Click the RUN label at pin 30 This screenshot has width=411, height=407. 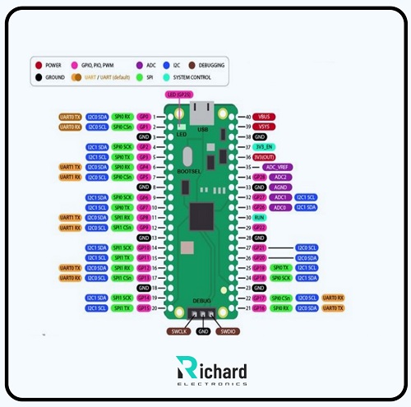click(261, 216)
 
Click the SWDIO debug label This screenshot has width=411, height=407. click(228, 331)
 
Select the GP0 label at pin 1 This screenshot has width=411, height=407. click(145, 118)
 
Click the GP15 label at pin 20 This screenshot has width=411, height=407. click(145, 308)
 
